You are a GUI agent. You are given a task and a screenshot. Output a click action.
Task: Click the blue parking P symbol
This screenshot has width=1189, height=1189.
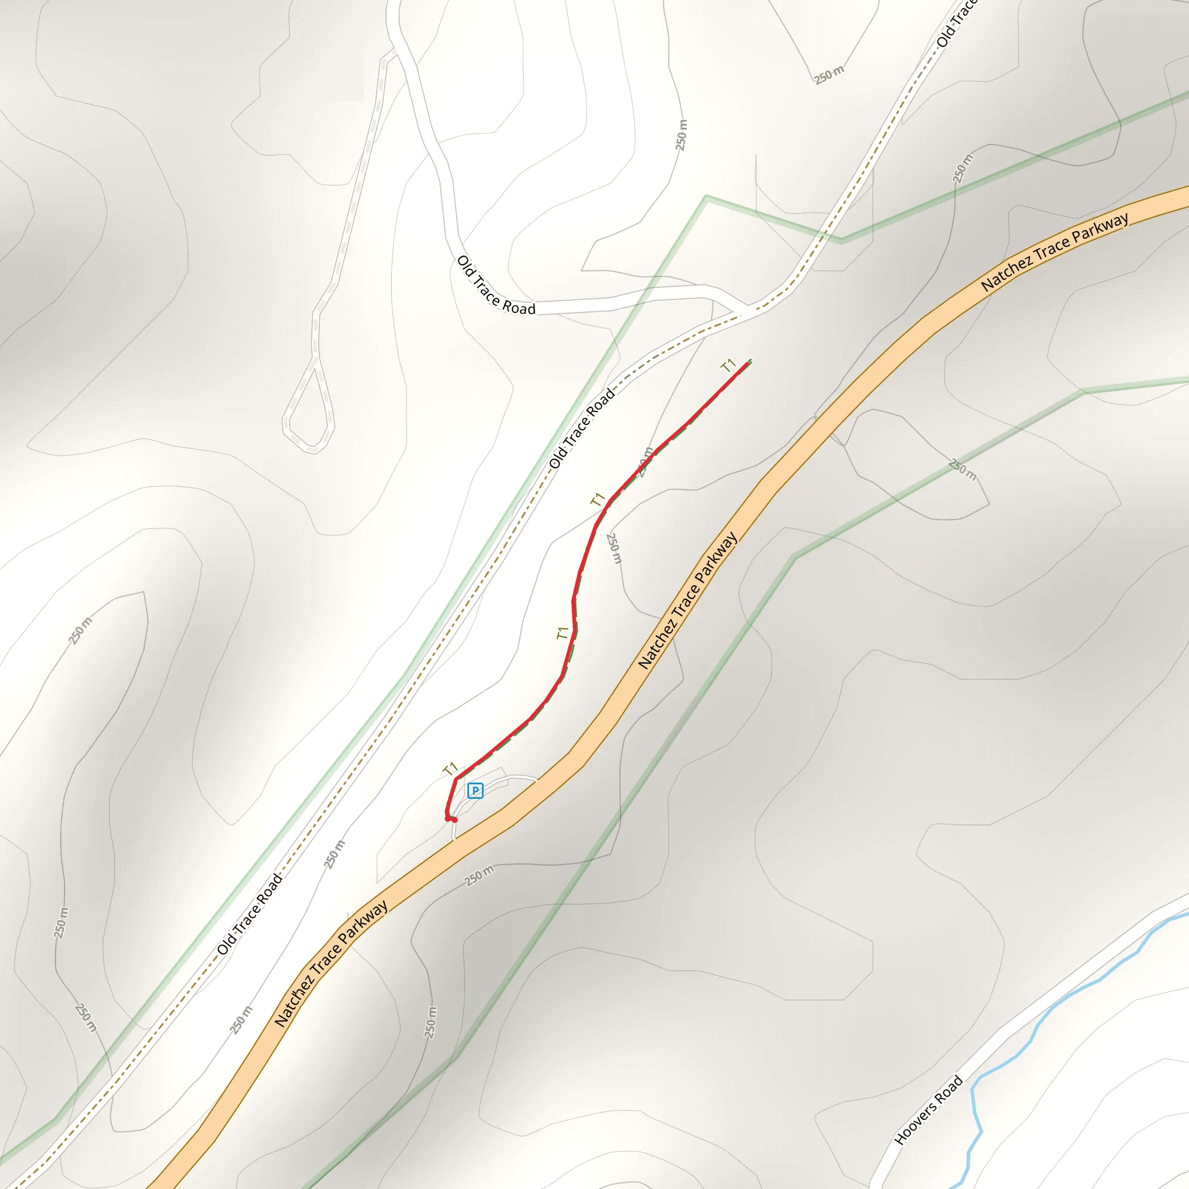(475, 791)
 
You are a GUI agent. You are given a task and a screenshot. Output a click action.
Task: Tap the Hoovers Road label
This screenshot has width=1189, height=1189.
(928, 1110)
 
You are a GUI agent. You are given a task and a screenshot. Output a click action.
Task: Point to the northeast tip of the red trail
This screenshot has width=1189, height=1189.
(748, 362)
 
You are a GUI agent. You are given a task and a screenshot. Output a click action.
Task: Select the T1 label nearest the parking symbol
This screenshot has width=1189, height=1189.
(451, 769)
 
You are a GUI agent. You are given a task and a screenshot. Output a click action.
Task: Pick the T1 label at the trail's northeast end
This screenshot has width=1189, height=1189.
(729, 366)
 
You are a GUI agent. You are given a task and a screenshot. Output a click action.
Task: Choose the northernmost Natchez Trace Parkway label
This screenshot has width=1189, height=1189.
(1054, 253)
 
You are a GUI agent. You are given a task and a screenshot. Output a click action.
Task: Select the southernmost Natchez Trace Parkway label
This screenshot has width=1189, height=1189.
(331, 964)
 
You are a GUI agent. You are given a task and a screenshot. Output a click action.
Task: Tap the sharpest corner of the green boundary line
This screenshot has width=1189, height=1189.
(707, 197)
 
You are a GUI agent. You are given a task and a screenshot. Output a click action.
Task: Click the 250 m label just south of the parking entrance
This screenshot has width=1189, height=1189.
(479, 875)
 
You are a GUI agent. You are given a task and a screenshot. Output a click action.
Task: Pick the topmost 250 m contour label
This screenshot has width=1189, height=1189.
(829, 75)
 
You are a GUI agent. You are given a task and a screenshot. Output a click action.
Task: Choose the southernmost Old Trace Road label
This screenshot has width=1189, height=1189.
(249, 913)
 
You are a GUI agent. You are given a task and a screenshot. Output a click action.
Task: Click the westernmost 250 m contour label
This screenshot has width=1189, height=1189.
(60, 923)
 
